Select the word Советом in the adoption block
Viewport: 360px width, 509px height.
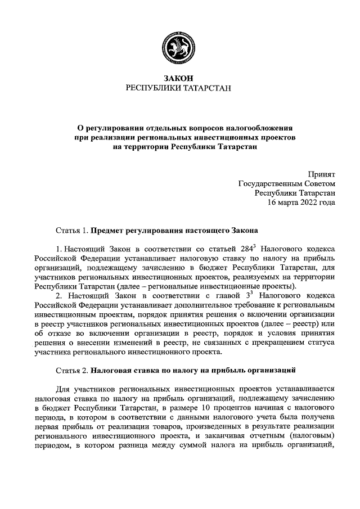(319, 184)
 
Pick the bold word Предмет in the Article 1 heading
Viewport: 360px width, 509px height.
(107, 231)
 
